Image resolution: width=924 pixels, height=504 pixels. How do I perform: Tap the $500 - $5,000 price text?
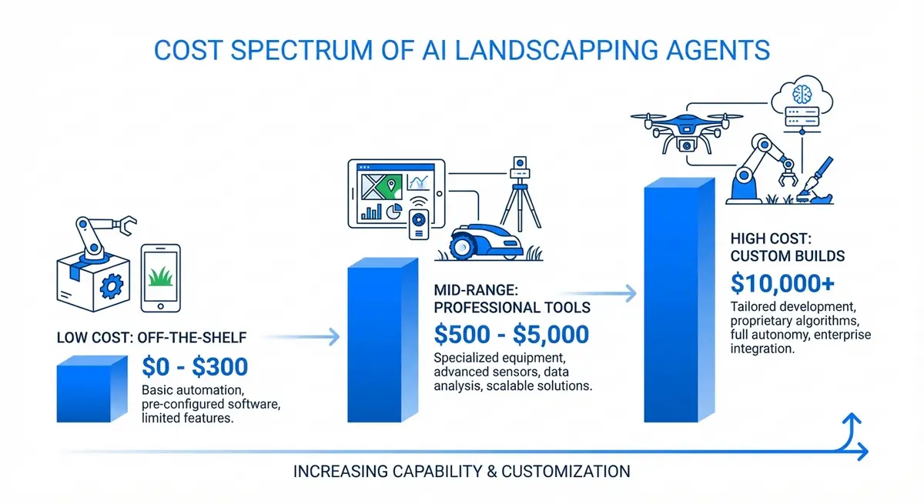(x=511, y=335)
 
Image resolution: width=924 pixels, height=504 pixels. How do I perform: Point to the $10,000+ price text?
(x=782, y=284)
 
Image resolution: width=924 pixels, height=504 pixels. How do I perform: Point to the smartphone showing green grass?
(x=160, y=277)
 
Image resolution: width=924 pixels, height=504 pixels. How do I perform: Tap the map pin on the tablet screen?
(x=391, y=185)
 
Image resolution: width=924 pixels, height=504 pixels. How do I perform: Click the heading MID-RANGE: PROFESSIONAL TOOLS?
(x=512, y=299)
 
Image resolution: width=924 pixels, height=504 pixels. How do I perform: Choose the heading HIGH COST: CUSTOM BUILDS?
(x=788, y=245)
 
